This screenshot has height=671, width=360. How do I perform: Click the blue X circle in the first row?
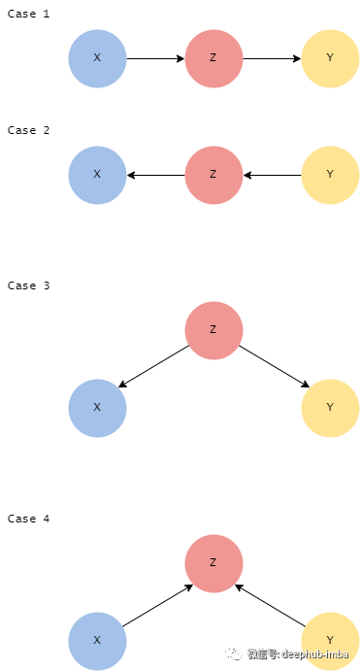[x=97, y=58]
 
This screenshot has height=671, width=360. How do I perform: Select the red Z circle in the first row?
[x=213, y=58]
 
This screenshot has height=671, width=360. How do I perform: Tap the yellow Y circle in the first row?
[x=330, y=58]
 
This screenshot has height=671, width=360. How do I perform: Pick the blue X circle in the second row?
[x=97, y=175]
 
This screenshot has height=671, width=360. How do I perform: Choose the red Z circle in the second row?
[x=213, y=175]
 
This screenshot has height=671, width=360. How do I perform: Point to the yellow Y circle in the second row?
[x=330, y=175]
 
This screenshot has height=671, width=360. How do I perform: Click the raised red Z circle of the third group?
[x=213, y=330]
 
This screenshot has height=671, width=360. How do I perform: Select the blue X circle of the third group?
[x=97, y=408]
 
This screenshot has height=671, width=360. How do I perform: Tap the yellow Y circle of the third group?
[x=330, y=408]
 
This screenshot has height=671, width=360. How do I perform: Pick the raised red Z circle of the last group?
[x=213, y=563]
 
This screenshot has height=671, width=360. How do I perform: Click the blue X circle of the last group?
[x=97, y=641]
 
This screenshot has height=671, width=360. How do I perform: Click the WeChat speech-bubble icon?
[x=236, y=654]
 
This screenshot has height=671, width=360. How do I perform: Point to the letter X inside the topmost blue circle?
[x=97, y=58]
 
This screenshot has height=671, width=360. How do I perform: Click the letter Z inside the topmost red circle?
[x=213, y=58]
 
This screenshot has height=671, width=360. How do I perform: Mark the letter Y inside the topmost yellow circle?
[x=330, y=58]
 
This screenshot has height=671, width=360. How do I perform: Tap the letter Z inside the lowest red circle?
[x=213, y=563]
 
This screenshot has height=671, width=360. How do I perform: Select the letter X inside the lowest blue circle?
[x=97, y=641]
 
